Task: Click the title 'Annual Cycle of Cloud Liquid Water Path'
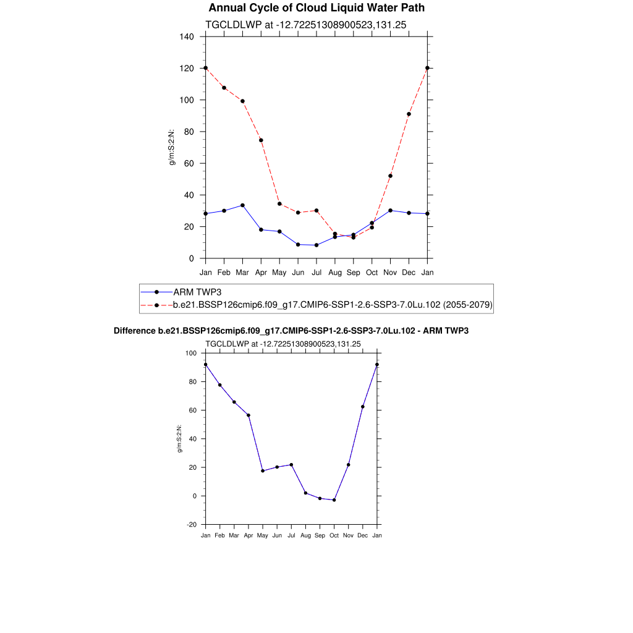pyautogui.click(x=316, y=8)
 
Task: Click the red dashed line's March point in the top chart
pyautogui.click(x=242, y=101)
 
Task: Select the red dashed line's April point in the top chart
pyautogui.click(x=261, y=140)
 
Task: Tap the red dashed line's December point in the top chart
pyautogui.click(x=409, y=114)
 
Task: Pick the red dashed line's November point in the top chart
pyautogui.click(x=390, y=176)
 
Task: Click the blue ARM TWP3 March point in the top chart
pyautogui.click(x=242, y=205)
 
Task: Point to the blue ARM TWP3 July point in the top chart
pyautogui.click(x=316, y=245)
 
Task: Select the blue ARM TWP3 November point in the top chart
pyautogui.click(x=390, y=210)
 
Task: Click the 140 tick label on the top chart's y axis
pyautogui.click(x=187, y=36)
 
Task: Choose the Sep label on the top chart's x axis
pyautogui.click(x=353, y=272)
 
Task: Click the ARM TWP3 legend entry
pyautogui.click(x=193, y=292)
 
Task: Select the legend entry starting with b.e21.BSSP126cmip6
pyautogui.click(x=333, y=305)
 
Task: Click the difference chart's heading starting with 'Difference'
pyautogui.click(x=291, y=331)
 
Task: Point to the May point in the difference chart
pyautogui.click(x=263, y=471)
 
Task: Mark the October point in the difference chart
pyautogui.click(x=334, y=500)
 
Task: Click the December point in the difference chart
pyautogui.click(x=363, y=407)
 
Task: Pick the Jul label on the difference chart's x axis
pyautogui.click(x=291, y=535)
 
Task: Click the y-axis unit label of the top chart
pyautogui.click(x=172, y=147)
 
